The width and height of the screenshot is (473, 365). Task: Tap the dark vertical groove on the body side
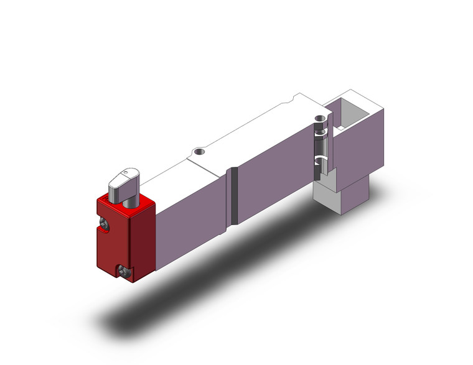tap(234, 196)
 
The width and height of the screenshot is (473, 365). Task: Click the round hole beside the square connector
tap(320, 118)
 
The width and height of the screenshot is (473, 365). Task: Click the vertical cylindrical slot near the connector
tap(321, 149)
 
